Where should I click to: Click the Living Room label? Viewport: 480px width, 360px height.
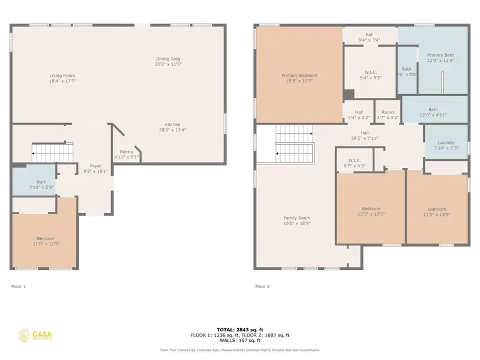tap(62, 76)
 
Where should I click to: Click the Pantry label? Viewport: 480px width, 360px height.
tap(127, 152)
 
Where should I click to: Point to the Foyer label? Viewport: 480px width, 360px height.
tap(96, 166)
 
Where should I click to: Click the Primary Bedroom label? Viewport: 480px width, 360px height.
tap(299, 76)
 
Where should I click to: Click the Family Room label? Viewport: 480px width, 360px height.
tap(296, 218)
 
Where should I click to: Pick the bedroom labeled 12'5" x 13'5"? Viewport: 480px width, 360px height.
tap(370, 209)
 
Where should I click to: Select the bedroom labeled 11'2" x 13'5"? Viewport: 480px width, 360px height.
tap(436, 209)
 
